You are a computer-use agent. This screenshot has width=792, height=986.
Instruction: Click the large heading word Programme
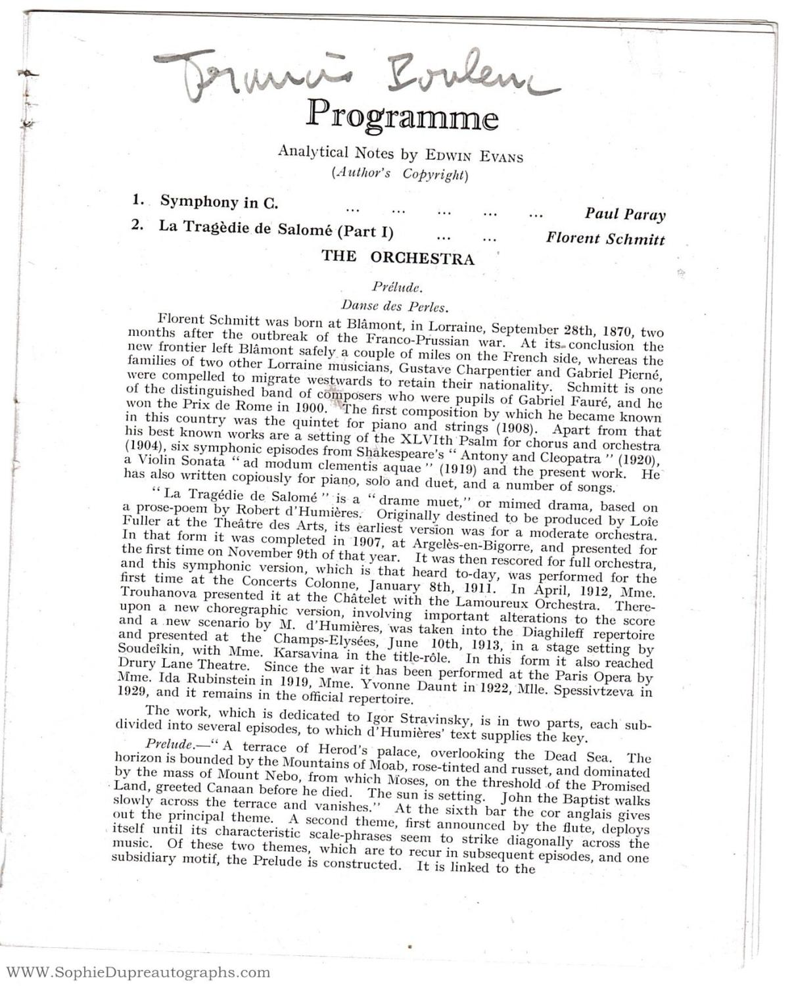point(402,116)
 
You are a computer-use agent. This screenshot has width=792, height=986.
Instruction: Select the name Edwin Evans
point(474,156)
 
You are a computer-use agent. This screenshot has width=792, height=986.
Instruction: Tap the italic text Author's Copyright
point(400,174)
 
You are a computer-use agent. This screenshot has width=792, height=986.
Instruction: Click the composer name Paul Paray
point(624,214)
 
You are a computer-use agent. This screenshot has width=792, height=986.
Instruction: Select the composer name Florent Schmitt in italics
point(605,239)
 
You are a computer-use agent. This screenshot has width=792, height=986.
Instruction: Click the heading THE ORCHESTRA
point(398,258)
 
